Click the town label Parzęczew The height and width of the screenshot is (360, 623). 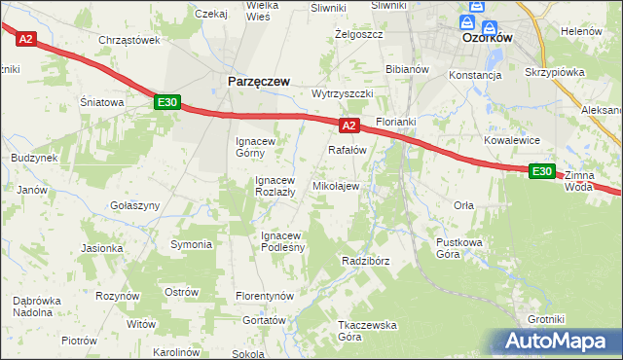[258, 83]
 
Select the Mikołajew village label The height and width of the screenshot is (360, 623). [335, 186]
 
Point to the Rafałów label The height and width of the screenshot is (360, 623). [347, 150]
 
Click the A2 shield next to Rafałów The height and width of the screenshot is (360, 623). [350, 126]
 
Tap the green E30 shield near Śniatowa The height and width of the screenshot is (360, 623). [166, 101]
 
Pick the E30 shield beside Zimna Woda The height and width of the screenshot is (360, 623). [542, 171]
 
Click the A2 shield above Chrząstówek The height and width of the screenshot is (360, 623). [26, 39]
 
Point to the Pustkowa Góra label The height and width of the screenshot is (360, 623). [461, 248]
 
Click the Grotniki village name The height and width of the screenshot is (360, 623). [546, 319]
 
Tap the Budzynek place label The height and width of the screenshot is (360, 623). [34, 157]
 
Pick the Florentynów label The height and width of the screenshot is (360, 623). [266, 295]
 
